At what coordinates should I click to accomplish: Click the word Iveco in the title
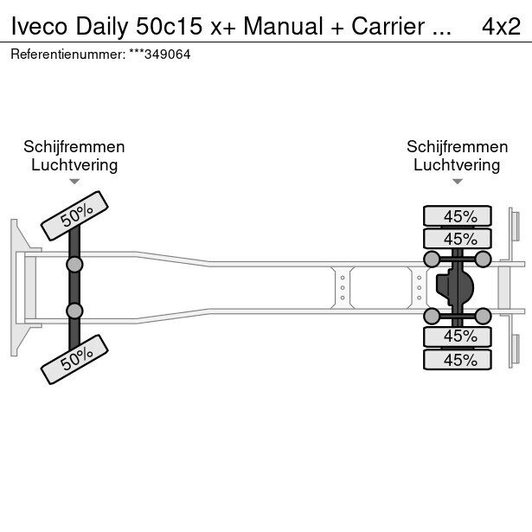coord(39,26)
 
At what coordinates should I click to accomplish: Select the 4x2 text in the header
coord(502,26)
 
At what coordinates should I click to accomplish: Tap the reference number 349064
coord(168,54)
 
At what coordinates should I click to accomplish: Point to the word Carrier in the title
coord(388,26)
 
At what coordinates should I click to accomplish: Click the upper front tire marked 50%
coord(74,215)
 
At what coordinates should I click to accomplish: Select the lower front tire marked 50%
coord(74,360)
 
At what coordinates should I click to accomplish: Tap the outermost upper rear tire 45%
coord(458,215)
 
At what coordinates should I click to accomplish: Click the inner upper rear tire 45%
coord(458,239)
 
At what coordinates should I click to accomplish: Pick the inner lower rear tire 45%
coord(458,337)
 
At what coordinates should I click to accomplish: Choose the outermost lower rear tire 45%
coord(458,359)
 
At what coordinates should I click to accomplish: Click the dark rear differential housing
coord(454,288)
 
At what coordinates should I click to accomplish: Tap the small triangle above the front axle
coord(74,182)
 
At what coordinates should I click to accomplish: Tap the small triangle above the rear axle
coord(458,182)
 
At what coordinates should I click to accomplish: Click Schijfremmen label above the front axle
coord(74,147)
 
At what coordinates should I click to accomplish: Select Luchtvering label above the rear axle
coord(457,165)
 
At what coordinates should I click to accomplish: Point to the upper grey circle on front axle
coord(74,265)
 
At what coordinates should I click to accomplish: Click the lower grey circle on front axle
coord(74,311)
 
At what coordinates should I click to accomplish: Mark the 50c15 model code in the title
coord(170,26)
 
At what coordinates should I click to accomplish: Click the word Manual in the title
coord(283,26)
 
